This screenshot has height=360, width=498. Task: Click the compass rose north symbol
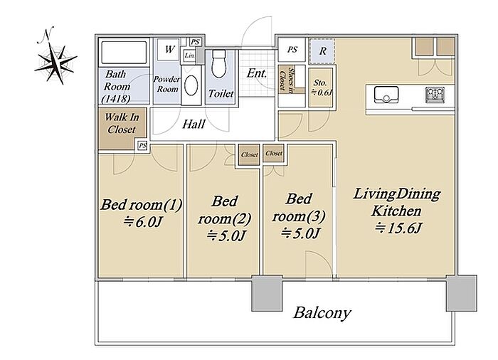(56, 60)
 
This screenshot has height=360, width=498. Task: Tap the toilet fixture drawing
(218, 63)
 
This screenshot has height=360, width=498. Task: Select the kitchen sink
(386, 95)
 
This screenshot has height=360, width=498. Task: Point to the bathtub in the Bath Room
(124, 53)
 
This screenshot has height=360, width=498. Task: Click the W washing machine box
(169, 50)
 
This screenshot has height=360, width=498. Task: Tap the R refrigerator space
(322, 51)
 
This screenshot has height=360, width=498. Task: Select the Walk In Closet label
(122, 123)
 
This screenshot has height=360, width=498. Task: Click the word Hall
(194, 124)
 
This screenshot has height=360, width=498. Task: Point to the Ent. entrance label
(257, 73)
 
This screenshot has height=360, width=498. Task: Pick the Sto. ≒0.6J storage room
(321, 88)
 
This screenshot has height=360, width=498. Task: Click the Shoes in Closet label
(286, 80)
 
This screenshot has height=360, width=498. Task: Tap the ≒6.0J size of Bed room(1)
(143, 222)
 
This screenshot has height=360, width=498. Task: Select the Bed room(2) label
(225, 210)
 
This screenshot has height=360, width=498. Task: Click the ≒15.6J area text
(398, 228)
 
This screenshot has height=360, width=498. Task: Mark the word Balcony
(322, 313)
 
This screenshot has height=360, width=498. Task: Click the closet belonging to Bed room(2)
(249, 154)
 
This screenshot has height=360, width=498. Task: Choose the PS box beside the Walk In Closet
(142, 146)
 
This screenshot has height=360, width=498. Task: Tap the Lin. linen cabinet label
(190, 55)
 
